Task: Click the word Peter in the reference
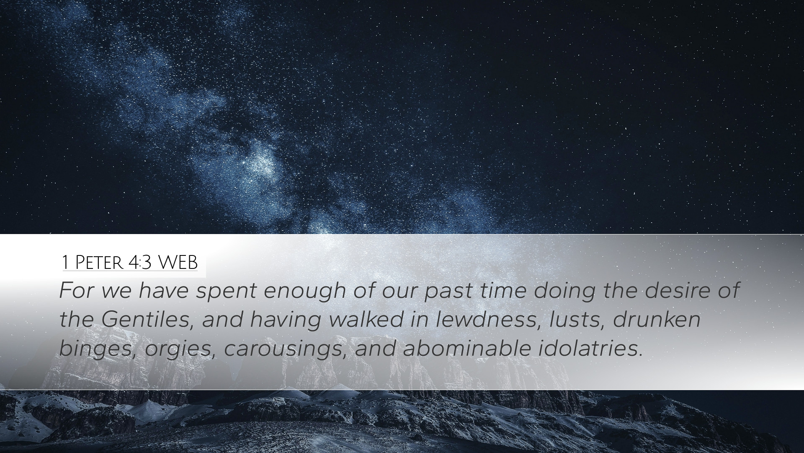point(99,263)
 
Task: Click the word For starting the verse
point(76,291)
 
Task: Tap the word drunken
point(657,320)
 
